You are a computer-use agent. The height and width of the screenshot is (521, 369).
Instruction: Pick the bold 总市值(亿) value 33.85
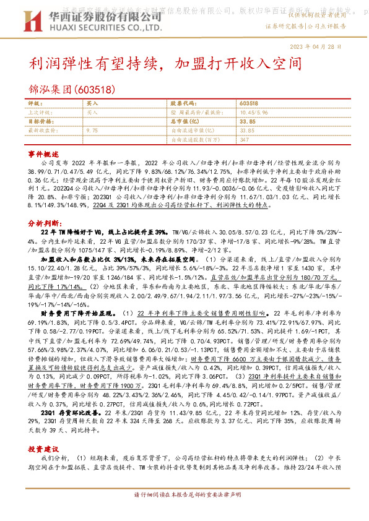click(x=247, y=122)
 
